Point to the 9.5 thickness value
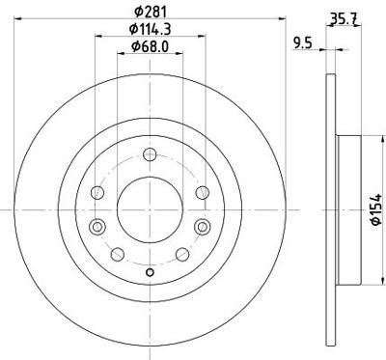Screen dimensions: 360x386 [x=302, y=42]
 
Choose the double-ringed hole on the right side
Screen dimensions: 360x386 [x=201, y=227]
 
